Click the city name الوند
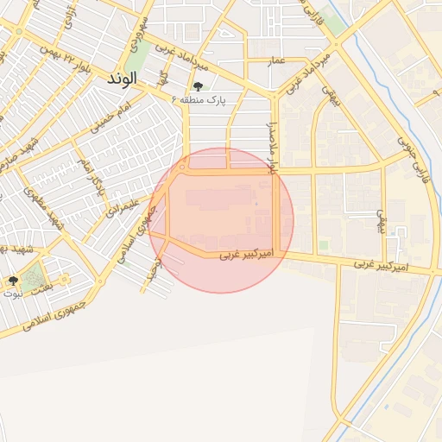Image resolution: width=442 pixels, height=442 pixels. tap(122, 78)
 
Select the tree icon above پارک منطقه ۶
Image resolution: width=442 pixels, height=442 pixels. tap(199, 86)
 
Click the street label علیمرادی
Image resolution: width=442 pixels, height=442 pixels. tap(120, 207)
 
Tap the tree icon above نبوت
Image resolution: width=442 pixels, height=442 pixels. tap(13, 281)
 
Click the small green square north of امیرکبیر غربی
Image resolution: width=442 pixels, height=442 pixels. tap(324, 245)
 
